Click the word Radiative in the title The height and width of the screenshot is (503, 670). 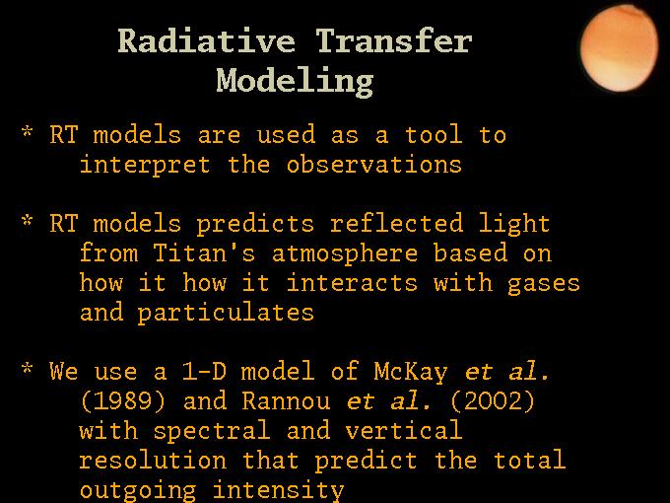(x=206, y=41)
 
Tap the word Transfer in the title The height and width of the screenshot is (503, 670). (x=393, y=41)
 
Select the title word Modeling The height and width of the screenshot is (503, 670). (x=295, y=82)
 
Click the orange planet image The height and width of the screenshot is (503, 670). (x=619, y=48)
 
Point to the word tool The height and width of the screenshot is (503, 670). (x=434, y=134)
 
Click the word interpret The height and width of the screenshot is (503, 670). (x=145, y=165)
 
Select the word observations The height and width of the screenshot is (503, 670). (x=373, y=165)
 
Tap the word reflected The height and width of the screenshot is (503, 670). (x=396, y=223)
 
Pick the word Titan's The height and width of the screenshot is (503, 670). (x=204, y=252)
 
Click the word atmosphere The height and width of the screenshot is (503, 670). (x=345, y=253)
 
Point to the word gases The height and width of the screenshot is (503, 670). (x=544, y=284)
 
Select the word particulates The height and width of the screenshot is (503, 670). (x=226, y=313)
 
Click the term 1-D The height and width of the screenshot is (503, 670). (x=204, y=371)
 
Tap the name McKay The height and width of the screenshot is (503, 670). (x=411, y=372)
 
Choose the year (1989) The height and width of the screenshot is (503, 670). (x=122, y=400)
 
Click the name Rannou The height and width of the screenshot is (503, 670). (x=287, y=400)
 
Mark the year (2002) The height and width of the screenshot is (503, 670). (x=493, y=400)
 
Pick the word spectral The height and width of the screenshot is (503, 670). (x=212, y=431)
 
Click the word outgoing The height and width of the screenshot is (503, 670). (x=138, y=490)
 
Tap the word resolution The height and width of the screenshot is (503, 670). (x=153, y=460)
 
